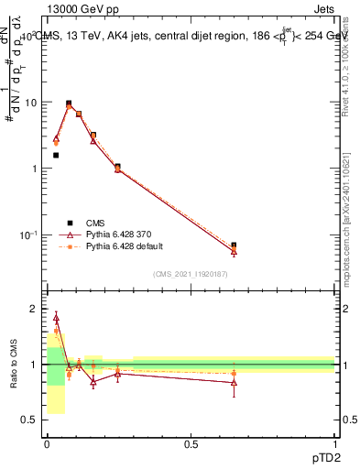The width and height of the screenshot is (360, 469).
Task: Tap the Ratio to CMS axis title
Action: pos(15,365)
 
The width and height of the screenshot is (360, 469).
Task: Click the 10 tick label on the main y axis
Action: pos(29,103)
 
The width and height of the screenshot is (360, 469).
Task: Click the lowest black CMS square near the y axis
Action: pos(56,156)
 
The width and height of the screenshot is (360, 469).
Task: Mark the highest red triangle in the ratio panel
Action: pos(56,319)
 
